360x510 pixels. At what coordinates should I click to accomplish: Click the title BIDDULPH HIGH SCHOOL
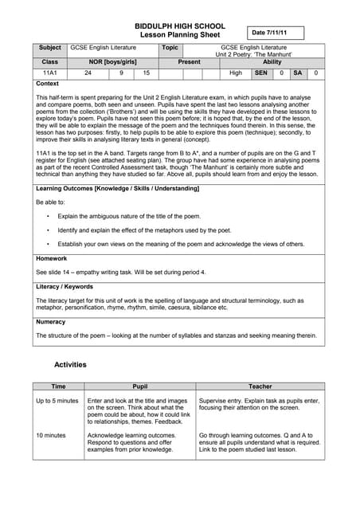180,26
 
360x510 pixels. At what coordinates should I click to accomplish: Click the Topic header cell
170,48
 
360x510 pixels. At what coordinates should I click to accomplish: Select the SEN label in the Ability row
260,73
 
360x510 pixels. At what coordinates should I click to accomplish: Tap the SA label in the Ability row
297,73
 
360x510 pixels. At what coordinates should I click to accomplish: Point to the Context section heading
48,83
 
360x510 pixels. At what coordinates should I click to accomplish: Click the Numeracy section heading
53,321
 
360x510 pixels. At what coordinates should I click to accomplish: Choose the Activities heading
70,364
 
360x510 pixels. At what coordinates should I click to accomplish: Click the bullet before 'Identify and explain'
49,229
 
